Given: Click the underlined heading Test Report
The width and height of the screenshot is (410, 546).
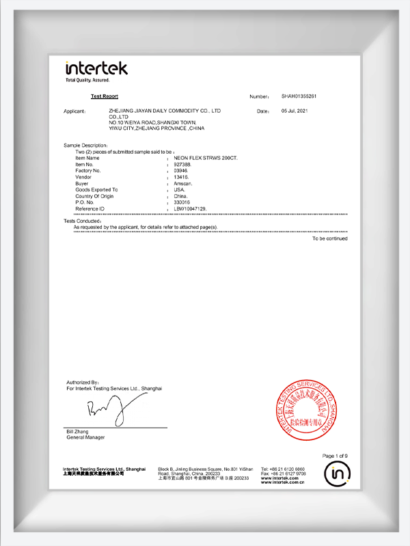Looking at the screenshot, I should click(105, 97).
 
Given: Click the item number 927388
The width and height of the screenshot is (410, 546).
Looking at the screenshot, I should click(184, 164).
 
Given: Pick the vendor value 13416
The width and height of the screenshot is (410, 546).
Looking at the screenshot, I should click(182, 176).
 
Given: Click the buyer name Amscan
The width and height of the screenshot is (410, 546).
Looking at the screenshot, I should click(184, 183).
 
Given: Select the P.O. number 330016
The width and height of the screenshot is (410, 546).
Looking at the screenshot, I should click(183, 202).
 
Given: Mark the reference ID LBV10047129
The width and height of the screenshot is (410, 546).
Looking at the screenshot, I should click(191, 208).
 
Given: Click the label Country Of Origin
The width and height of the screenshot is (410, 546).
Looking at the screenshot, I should click(94, 196).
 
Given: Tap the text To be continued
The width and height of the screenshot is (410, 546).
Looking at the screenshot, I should click(330, 238).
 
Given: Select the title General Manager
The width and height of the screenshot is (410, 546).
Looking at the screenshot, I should click(85, 437).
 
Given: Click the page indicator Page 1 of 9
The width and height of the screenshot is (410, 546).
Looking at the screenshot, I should click(335, 456).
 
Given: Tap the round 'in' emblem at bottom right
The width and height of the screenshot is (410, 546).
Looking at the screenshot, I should click(336, 473).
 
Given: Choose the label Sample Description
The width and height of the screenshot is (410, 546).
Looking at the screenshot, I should click(85, 146).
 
